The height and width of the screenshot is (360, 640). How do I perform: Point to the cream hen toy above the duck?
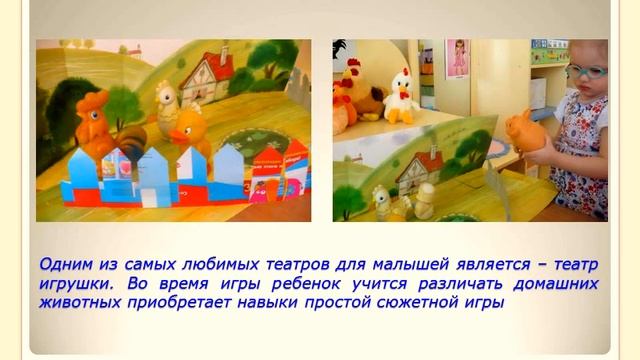click(166, 101)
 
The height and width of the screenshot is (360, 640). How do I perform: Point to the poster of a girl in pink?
click(458, 59)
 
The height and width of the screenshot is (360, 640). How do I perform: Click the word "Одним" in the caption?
click(67, 264)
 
